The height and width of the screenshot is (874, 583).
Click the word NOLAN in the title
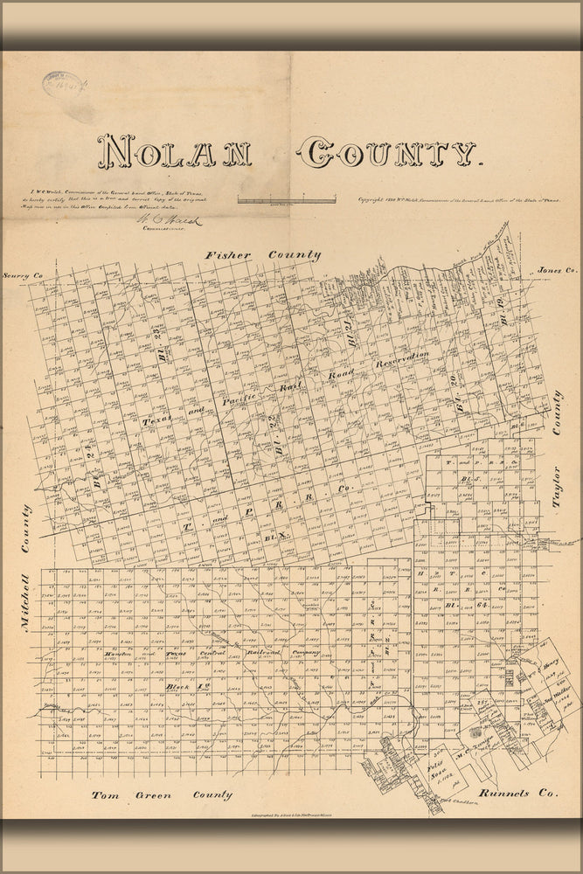tap(175, 152)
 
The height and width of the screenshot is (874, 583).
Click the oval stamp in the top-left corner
tap(61, 86)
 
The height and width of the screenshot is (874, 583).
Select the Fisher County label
tap(262, 255)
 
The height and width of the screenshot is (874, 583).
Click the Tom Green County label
tap(163, 795)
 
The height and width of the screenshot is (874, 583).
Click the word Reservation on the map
tap(402, 360)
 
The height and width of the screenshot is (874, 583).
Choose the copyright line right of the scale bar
tap(459, 200)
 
